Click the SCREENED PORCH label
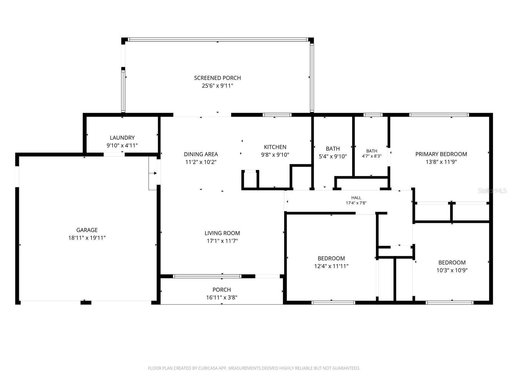217,78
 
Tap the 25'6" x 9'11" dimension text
217,86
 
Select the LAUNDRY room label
122,138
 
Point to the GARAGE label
87,230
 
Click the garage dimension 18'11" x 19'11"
87,237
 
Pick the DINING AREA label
201,154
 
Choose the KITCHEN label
275,147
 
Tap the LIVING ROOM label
222,233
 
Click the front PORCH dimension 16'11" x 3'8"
222,297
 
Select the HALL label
356,197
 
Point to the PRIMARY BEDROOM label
441,154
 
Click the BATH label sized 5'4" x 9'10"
333,149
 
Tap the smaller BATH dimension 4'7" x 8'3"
372,156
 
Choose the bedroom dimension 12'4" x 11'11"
331,266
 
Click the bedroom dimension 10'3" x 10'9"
452,270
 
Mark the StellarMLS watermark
492,190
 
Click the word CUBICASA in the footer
208,368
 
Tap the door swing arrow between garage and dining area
153,173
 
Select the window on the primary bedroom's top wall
439,115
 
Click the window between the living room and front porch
207,276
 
